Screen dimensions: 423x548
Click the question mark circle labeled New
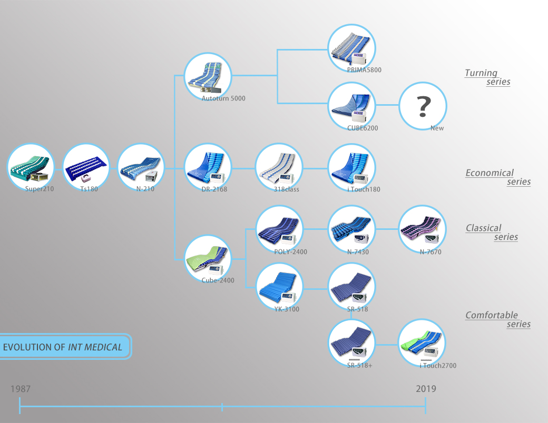click(x=423, y=106)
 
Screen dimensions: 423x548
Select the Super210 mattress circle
click(x=31, y=167)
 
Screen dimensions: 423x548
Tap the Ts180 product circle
click(x=86, y=167)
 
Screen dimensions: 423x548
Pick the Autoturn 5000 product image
click(x=208, y=76)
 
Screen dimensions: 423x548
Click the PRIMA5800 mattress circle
click(x=351, y=48)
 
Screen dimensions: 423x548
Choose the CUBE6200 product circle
click(x=351, y=106)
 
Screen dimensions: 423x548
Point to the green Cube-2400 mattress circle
click(x=208, y=258)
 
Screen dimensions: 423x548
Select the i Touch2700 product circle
click(x=422, y=343)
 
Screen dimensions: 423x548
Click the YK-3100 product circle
click(x=279, y=288)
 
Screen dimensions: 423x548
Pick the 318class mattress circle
click(x=279, y=167)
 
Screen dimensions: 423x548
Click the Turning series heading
click(x=487, y=77)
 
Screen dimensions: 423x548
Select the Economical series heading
click(x=498, y=177)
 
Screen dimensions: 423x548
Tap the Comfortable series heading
click(x=498, y=319)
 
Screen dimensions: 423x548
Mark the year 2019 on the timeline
click(x=426, y=389)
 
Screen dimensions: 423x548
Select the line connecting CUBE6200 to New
click(x=387, y=106)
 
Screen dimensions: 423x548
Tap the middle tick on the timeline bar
click(x=222, y=407)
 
